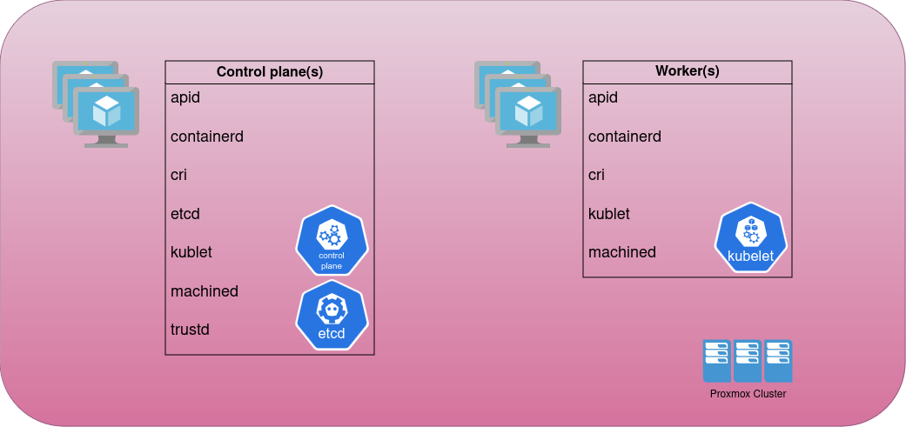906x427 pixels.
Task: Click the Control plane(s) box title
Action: point(269,72)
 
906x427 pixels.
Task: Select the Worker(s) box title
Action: point(687,71)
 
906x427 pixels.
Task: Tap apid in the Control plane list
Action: point(185,97)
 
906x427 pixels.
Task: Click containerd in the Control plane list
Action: point(207,137)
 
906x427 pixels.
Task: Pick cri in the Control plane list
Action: point(178,175)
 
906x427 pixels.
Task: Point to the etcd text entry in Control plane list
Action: point(185,214)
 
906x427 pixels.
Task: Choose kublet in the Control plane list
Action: point(191,252)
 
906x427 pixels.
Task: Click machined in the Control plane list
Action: point(205,291)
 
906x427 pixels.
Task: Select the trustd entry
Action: point(190,330)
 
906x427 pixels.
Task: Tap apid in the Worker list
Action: point(602,97)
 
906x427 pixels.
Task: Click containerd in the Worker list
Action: point(625,137)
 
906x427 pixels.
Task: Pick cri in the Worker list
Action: point(596,175)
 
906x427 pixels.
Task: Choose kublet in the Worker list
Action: point(609,214)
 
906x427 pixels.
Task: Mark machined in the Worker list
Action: point(622,252)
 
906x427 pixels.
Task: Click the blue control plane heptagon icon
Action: point(332,240)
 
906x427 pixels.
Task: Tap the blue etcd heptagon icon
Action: point(332,315)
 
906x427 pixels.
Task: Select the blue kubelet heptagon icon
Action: point(751,237)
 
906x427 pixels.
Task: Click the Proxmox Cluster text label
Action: point(748,394)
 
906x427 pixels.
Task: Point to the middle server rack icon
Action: point(748,361)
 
